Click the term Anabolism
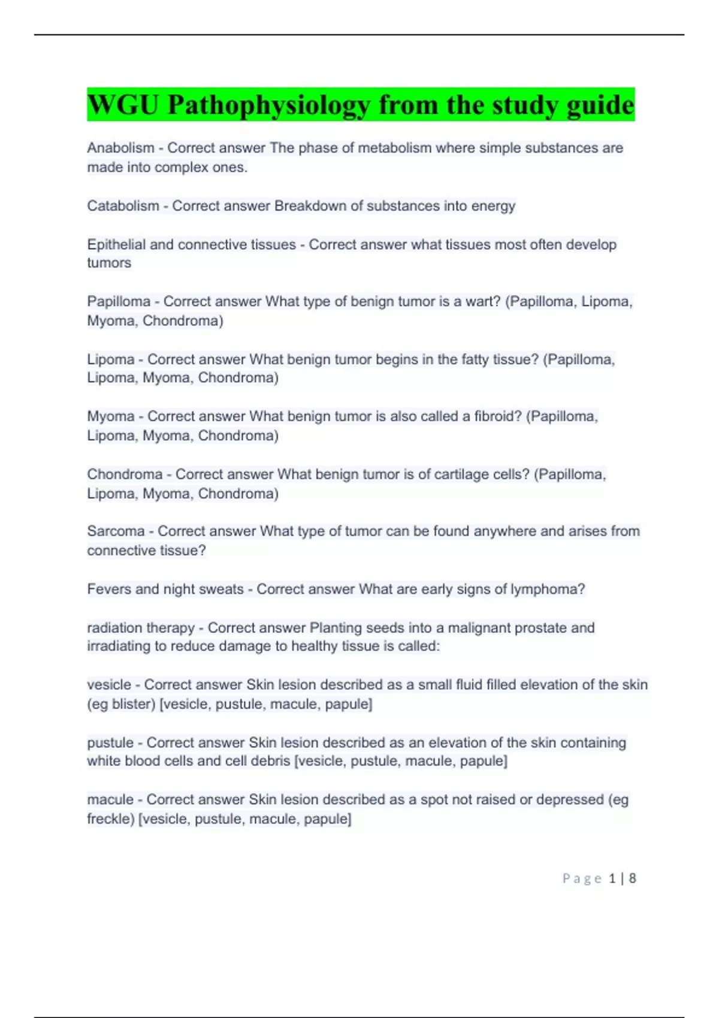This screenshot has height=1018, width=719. [120, 148]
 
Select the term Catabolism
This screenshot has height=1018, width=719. [123, 206]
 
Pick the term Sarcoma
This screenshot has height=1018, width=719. [116, 531]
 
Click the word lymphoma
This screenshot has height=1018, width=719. [547, 589]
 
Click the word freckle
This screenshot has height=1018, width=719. [110, 819]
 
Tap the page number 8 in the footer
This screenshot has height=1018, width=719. [632, 878]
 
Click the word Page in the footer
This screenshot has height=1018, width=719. [582, 878]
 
